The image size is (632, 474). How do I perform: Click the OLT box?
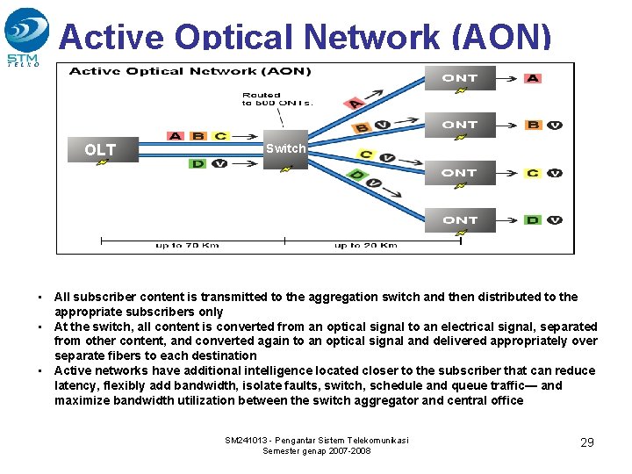[x=100, y=149]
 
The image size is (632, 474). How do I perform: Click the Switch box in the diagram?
[x=286, y=149]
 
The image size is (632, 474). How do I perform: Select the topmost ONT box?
[x=459, y=78]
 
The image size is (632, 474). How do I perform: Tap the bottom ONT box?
[x=459, y=219]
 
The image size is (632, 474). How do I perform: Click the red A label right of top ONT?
[x=533, y=78]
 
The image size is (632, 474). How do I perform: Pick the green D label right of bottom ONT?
[x=533, y=219]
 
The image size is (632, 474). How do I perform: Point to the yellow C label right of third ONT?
[x=533, y=172]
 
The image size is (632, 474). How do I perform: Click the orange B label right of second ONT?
[x=533, y=125]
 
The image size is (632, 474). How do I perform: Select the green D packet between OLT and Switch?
[x=198, y=163]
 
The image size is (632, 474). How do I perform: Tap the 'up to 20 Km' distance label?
[x=365, y=245]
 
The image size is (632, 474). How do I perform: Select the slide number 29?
[x=587, y=442]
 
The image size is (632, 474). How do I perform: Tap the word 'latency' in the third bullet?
[x=74, y=385]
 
